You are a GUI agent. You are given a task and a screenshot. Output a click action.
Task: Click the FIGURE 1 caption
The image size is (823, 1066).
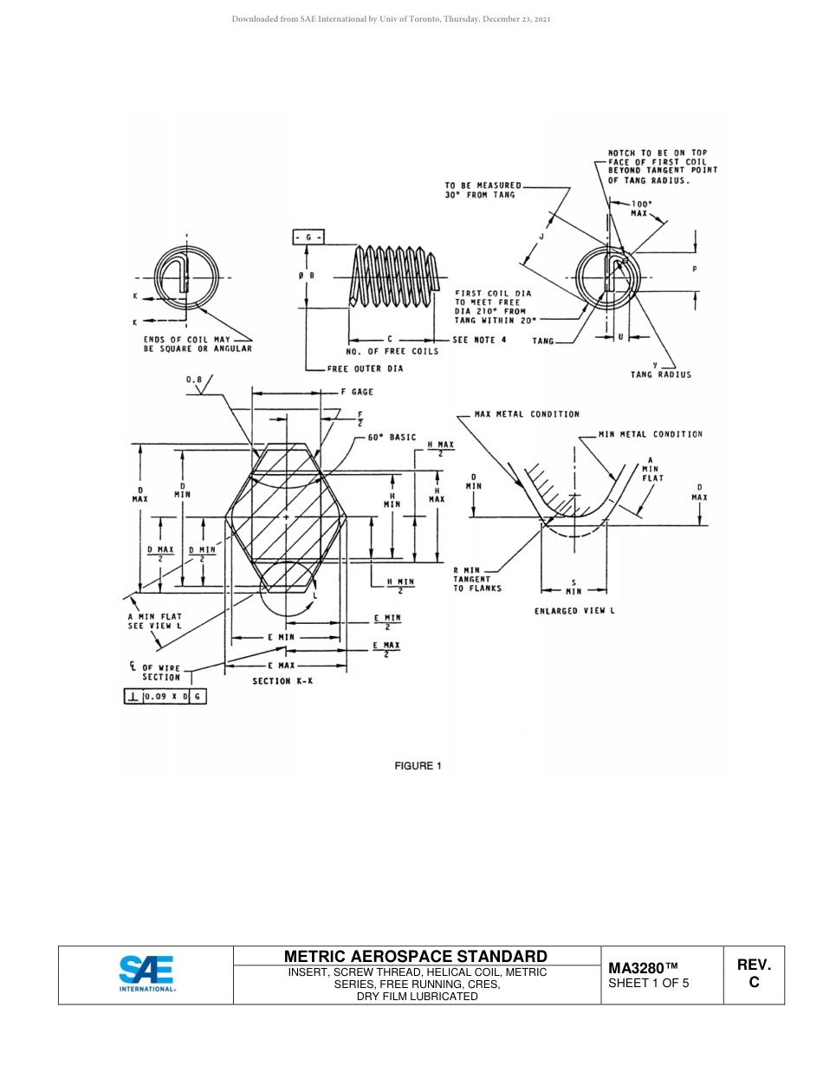tap(418, 765)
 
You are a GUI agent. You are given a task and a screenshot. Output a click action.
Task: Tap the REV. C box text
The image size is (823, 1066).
tap(754, 973)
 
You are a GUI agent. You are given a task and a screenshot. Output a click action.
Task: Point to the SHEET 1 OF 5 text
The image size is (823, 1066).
tap(649, 984)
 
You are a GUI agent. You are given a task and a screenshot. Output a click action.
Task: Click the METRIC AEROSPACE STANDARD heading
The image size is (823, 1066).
tap(416, 956)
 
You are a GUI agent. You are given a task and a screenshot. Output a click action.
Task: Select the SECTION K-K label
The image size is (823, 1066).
tap(282, 681)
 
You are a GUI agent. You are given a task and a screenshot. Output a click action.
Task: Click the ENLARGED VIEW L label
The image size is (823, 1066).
tap(574, 611)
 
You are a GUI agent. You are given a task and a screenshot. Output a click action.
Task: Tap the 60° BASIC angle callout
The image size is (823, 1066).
tap(392, 438)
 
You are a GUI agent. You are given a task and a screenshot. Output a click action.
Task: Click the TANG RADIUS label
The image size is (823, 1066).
tap(661, 374)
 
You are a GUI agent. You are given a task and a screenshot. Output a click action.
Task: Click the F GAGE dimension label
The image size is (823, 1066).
tap(356, 392)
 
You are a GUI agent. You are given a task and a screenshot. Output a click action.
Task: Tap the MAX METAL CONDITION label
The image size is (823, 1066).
tap(527, 414)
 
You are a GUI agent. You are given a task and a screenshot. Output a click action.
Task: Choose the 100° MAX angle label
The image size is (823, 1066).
tap(641, 208)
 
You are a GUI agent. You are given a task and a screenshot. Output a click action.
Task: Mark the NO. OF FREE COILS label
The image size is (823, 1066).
tap(392, 351)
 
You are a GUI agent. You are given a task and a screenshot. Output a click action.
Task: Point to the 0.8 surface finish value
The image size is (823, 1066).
tap(194, 379)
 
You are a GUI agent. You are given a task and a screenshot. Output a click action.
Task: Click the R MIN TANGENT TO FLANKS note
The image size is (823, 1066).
tap(477, 579)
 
